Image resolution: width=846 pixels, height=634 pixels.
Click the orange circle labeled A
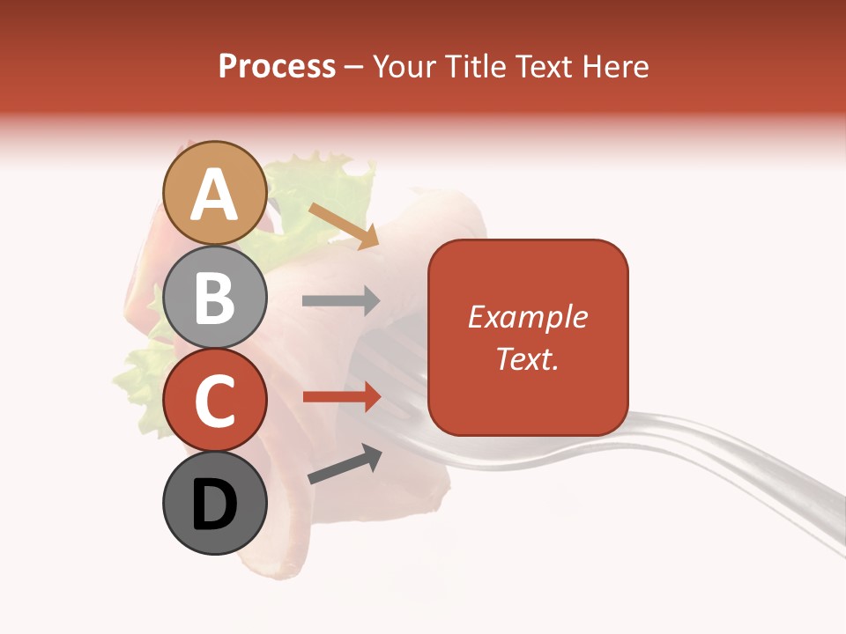tap(215, 193)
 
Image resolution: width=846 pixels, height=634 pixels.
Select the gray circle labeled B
tap(215, 297)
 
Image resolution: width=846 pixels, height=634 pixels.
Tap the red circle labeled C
tap(215, 400)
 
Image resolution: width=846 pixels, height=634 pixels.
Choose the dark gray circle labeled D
tap(215, 504)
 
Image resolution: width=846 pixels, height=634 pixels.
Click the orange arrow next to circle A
tap(344, 225)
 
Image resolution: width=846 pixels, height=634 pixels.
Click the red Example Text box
tap(528, 338)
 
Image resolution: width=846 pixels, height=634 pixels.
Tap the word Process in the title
tap(277, 66)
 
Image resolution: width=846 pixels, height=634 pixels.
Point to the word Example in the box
tap(528, 317)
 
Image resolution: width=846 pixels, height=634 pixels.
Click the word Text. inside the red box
tap(528, 359)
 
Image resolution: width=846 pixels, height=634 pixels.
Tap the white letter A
tap(215, 194)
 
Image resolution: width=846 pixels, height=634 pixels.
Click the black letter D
tap(215, 505)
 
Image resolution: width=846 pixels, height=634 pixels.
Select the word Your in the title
tap(404, 66)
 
